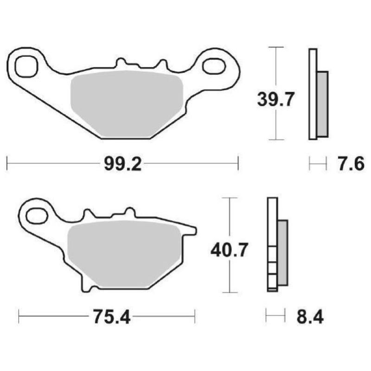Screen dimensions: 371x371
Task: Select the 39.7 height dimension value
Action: pos(276,99)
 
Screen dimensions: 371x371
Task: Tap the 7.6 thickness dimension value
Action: pos(350,164)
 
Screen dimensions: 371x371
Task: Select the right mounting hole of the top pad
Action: pos(213,65)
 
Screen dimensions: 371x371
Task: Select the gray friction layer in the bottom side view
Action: pos(282,253)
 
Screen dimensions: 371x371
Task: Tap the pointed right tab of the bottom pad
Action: pos(192,229)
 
